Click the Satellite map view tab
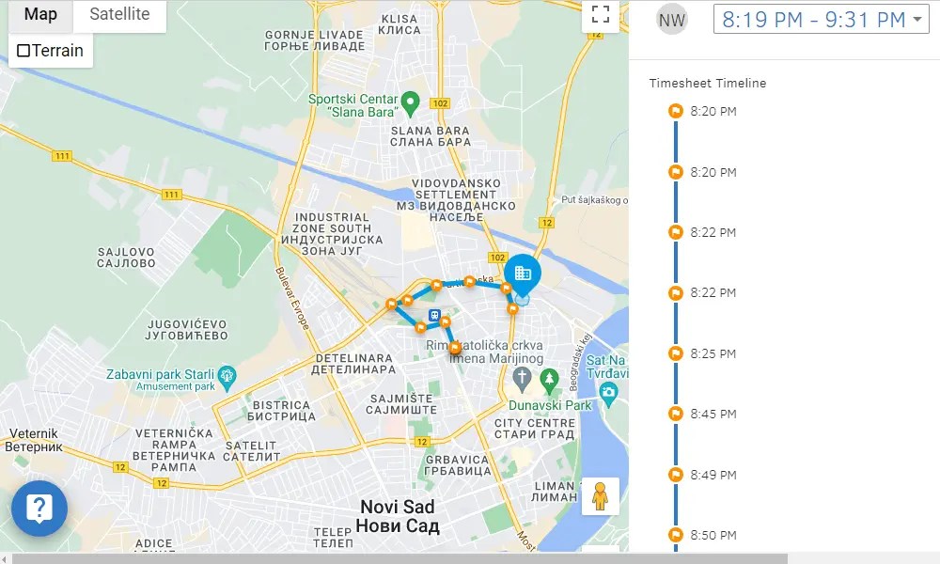coord(119,14)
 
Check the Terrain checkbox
coord(24,51)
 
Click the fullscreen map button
coord(601,14)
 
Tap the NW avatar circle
coord(672,19)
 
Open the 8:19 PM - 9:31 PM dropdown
coord(821,19)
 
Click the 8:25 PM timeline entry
coord(713,353)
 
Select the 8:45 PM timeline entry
coord(713,414)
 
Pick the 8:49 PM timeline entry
coord(713,475)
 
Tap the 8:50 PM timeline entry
coord(713,535)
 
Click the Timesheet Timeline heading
coord(707,84)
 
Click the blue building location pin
coord(523,273)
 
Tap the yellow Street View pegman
coord(600,495)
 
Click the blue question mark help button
coord(39,509)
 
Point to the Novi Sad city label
coord(399,516)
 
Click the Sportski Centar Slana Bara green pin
coord(409,101)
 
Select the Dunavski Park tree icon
coord(550,379)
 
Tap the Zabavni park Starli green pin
coord(227,380)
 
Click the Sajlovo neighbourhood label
coord(127,258)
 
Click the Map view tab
coord(40,14)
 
